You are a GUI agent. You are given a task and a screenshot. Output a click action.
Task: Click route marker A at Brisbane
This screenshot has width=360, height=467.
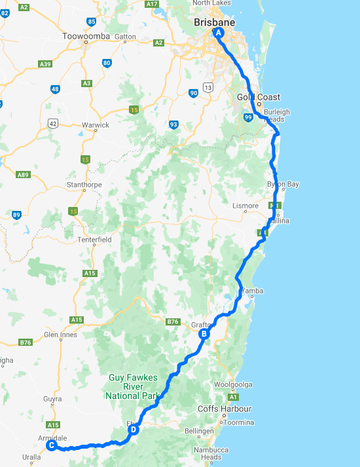tap(219, 32)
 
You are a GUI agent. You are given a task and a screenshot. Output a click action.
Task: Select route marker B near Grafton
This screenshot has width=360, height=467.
tap(204, 334)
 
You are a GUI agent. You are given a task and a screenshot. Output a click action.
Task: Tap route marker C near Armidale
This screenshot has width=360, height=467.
tap(51, 445)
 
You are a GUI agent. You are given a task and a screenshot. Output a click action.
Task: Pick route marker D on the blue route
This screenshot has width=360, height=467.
tap(134, 430)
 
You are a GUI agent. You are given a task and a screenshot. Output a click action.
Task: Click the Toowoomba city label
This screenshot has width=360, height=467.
tap(84, 36)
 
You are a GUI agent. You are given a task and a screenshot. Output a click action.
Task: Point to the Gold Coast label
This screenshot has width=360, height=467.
tap(259, 98)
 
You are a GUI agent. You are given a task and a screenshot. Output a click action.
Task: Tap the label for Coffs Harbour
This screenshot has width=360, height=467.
tap(225, 409)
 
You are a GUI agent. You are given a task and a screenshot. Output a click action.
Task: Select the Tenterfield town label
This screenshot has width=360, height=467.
tap(94, 240)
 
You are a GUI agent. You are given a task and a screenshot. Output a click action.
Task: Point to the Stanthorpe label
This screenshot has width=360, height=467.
tap(84, 185)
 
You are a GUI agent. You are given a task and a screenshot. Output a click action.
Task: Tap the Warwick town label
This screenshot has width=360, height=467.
tap(96, 124)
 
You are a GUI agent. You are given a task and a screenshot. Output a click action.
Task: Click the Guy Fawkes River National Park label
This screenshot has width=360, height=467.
tap(133, 386)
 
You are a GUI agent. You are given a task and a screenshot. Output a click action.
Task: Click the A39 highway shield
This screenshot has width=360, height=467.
tap(45, 64)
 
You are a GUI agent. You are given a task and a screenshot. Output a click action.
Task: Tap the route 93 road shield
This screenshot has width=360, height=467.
tap(173, 124)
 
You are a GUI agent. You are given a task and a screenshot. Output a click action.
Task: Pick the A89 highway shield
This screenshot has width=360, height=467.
tap(24, 175)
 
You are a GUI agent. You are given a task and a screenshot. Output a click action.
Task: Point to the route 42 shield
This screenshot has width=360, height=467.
tap(52, 123)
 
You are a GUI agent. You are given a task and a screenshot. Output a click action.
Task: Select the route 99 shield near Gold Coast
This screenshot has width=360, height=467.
tap(247, 117)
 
